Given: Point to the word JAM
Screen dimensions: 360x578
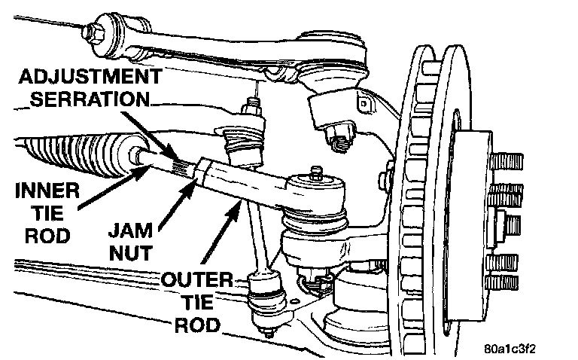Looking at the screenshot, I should [x=123, y=226].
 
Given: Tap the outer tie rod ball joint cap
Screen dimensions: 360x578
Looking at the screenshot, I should [x=309, y=182].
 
